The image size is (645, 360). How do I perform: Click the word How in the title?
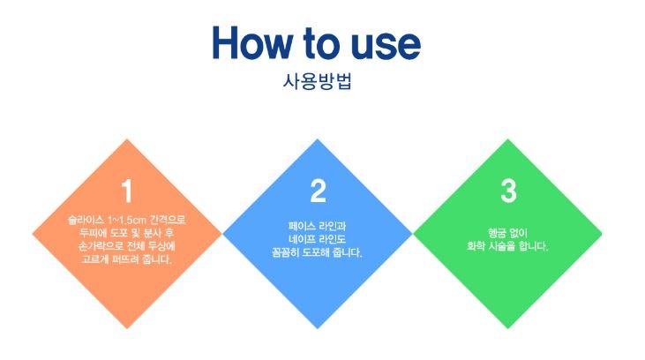252,43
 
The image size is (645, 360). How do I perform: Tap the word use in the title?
382,43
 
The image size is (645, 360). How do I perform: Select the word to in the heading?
319,43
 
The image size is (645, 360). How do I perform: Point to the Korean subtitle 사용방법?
319,82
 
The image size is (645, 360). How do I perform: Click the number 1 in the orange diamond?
127,190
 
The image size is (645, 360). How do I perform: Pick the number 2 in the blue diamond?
318,190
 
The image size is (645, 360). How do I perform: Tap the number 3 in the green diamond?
508,190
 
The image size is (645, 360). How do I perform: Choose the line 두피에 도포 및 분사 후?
127,232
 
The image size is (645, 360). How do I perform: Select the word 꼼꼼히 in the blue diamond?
289,252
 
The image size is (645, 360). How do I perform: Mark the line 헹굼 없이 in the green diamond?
508,232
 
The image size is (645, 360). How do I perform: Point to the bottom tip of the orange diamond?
127,329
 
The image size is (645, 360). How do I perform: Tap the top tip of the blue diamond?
318,139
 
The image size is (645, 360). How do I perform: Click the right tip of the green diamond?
603,234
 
